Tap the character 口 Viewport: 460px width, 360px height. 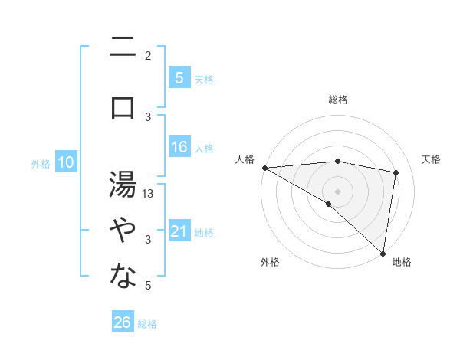tap(123, 108)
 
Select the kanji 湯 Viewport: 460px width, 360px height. tap(123, 184)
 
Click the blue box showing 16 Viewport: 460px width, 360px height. tap(179, 147)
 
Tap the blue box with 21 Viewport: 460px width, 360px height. tap(179, 231)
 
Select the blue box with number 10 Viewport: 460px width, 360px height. tap(66, 162)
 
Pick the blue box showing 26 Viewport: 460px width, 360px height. tap(123, 322)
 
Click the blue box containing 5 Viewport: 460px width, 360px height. tap(179, 77)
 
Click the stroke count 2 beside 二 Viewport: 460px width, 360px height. tap(148, 55)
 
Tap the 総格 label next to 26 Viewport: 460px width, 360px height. tap(148, 324)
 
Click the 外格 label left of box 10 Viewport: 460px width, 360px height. tap(41, 163)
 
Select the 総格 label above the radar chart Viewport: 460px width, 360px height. tap(337, 100)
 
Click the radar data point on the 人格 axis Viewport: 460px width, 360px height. tap(264, 167)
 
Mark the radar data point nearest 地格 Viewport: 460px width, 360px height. tap(383, 253)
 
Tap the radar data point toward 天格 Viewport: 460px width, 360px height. tap(396, 172)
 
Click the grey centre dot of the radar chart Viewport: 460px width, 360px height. tap(337, 191)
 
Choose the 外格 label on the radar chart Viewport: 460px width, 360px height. tap(270, 262)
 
